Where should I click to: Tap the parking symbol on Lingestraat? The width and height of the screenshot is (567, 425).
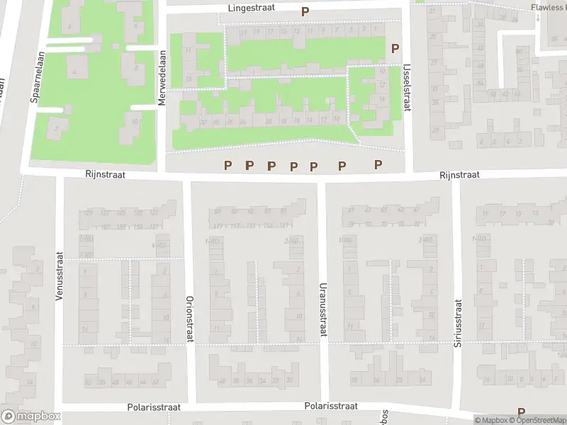pos(305,11)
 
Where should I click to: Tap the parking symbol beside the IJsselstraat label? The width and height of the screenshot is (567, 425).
pos(395,48)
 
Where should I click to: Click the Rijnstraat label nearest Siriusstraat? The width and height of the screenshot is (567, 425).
pos(459,174)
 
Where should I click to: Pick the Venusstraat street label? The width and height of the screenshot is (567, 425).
pos(60,276)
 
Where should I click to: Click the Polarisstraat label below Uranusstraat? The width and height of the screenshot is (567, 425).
pos(331,407)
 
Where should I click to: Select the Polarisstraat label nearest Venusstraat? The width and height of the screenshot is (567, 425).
pos(155,408)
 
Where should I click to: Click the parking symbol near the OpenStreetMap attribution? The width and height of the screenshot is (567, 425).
pos(522,412)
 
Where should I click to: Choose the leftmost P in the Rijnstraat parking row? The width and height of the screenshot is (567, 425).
pos(228,165)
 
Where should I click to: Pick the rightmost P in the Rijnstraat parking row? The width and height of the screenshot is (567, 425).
pos(378,164)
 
